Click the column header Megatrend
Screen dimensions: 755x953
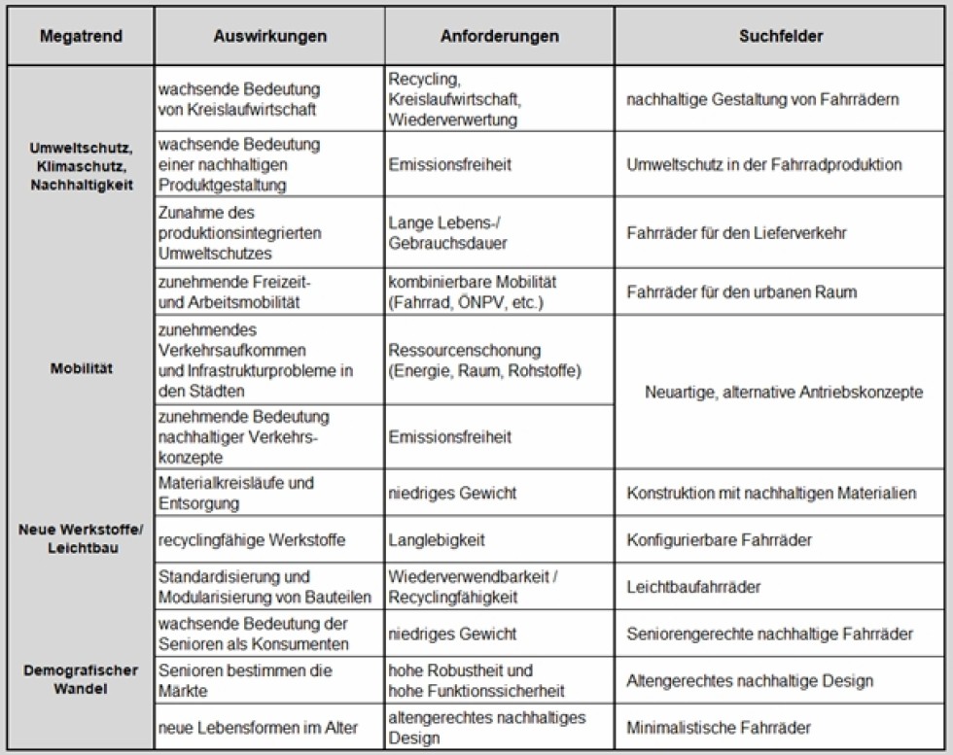coord(80,37)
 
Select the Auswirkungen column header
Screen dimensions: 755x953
coord(269,37)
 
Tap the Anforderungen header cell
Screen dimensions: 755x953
coord(499,37)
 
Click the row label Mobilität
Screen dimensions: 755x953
coord(82,369)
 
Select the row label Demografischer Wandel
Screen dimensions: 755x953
coord(82,679)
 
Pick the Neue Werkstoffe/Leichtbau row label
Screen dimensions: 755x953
coord(82,539)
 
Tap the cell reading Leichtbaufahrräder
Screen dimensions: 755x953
coord(693,587)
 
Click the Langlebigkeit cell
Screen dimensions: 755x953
coord(437,540)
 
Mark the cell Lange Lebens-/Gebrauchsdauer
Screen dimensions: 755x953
coord(446,234)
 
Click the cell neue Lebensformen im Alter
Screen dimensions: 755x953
coord(258,727)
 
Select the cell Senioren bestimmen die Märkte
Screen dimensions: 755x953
coord(244,680)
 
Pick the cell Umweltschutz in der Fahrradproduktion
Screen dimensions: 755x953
coord(764,165)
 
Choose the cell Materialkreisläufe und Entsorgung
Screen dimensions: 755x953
coord(236,493)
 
